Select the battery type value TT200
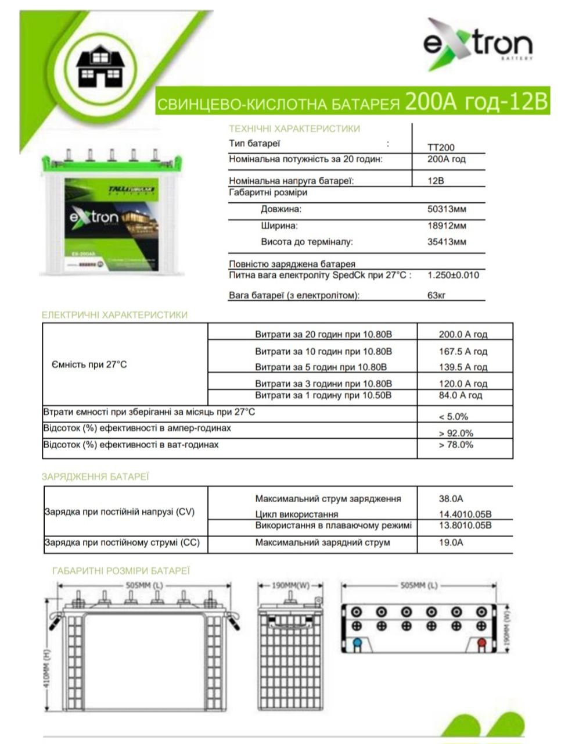[441, 148]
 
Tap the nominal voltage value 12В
[436, 181]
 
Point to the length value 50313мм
[447, 209]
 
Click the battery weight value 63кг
[436, 295]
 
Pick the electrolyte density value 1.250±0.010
[453, 275]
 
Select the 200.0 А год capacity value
[463, 334]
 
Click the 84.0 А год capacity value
[460, 395]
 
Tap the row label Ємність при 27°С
[89, 364]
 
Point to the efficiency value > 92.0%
[456, 433]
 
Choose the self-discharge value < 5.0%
[453, 416]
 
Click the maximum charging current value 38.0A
[451, 499]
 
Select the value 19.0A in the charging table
[451, 542]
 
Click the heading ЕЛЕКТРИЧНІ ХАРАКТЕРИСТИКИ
[114, 315]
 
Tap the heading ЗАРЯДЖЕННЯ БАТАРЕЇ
[95, 477]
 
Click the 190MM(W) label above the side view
[291, 585]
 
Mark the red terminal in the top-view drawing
[481, 643]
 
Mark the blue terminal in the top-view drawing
[357, 643]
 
